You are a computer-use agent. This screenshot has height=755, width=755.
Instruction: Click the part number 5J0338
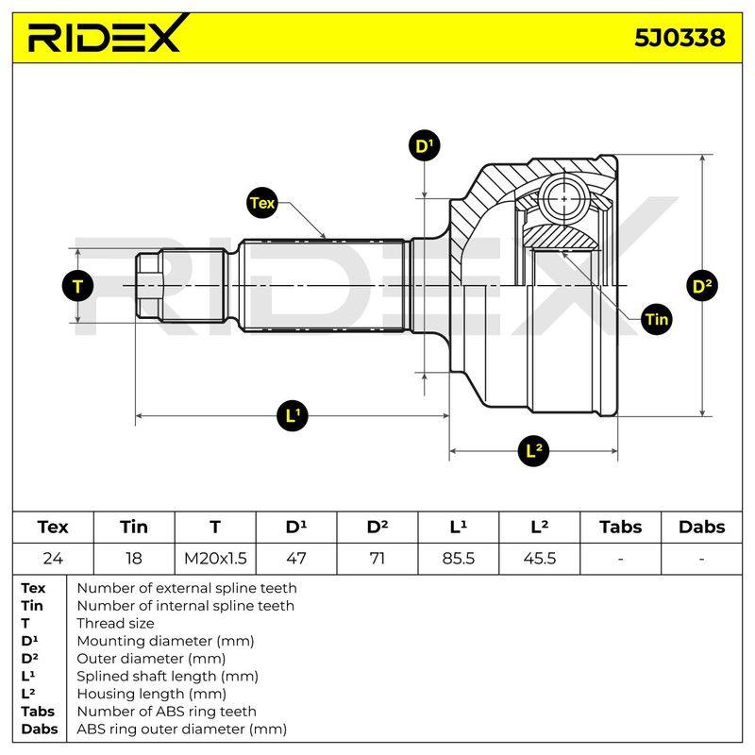pos(679,38)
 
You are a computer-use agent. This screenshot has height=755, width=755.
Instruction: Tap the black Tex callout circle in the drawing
pos(263,203)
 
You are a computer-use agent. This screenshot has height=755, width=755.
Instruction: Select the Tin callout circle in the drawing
pos(656,319)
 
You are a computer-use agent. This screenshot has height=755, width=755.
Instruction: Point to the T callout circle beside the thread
pos(77,286)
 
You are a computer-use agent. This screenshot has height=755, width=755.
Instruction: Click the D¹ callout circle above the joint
pos(424,145)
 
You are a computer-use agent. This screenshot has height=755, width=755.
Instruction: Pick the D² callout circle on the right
pos(702,286)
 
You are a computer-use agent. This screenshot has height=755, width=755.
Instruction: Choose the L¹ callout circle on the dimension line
pos(293,415)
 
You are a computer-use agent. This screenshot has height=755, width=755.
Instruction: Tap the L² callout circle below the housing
pos(533,451)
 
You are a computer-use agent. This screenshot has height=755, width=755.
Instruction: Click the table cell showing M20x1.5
pos(215,559)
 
